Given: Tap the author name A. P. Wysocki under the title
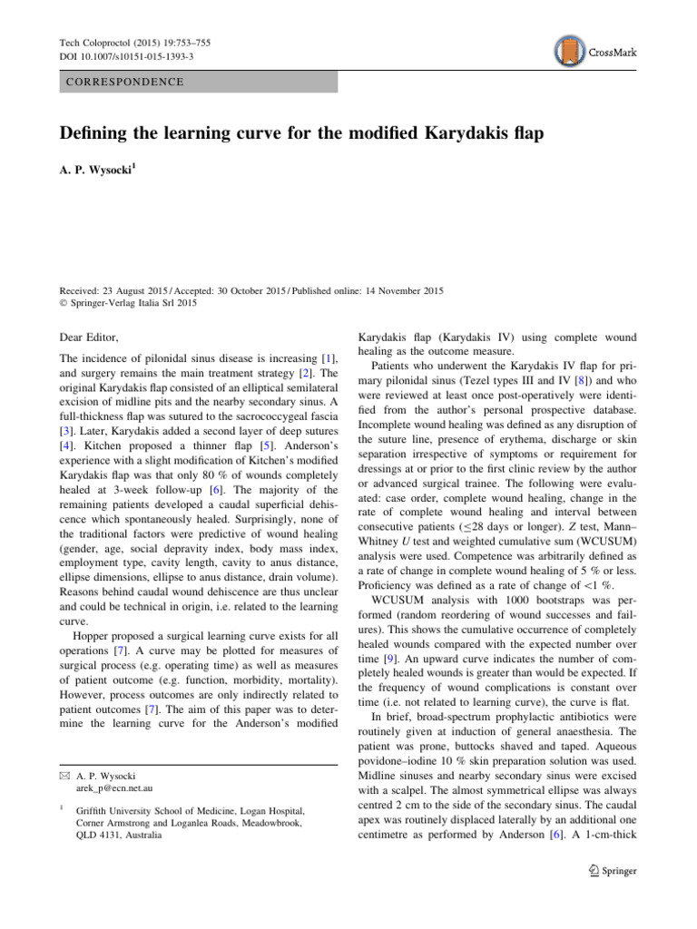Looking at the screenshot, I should point(98,171).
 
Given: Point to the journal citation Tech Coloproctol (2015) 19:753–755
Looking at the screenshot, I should point(132,42).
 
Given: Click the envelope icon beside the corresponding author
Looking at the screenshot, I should point(64,777).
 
